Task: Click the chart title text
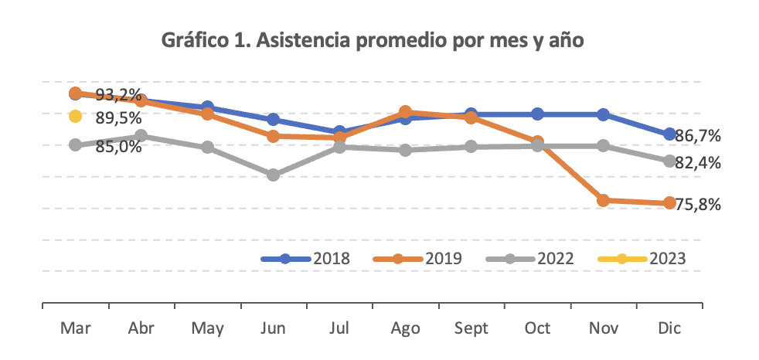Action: (x=372, y=41)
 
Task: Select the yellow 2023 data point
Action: (x=75, y=117)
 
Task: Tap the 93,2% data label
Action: (x=119, y=96)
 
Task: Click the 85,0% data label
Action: (x=118, y=146)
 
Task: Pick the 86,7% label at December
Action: (x=698, y=136)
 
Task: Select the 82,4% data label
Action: (x=698, y=163)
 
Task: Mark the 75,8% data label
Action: (x=698, y=205)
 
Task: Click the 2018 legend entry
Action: (x=306, y=259)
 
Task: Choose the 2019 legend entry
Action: (x=417, y=259)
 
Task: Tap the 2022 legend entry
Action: (x=529, y=259)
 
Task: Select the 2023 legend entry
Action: (x=642, y=259)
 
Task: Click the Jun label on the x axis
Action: (x=274, y=328)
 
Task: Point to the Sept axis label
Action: (x=471, y=328)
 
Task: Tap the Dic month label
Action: (x=669, y=328)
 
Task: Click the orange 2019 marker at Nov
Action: (x=603, y=201)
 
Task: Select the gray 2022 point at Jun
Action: (x=274, y=175)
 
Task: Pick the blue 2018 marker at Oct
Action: (x=537, y=114)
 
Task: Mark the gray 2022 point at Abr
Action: (x=141, y=136)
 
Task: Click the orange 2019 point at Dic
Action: (x=669, y=203)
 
